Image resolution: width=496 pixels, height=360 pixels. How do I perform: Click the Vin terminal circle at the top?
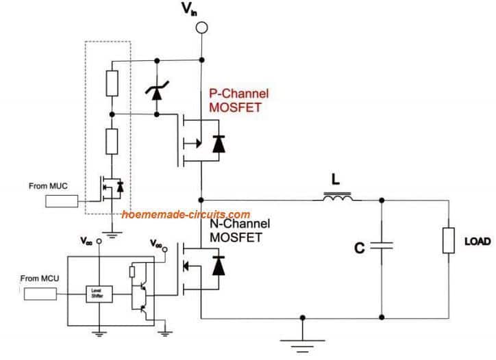(x=201, y=28)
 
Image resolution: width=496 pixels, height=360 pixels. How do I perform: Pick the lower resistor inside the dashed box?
(x=110, y=144)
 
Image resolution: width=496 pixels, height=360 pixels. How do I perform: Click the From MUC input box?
(x=62, y=201)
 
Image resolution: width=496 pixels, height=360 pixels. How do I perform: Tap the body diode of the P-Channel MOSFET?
(x=219, y=144)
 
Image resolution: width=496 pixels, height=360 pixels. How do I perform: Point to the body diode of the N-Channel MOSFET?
(x=219, y=265)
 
